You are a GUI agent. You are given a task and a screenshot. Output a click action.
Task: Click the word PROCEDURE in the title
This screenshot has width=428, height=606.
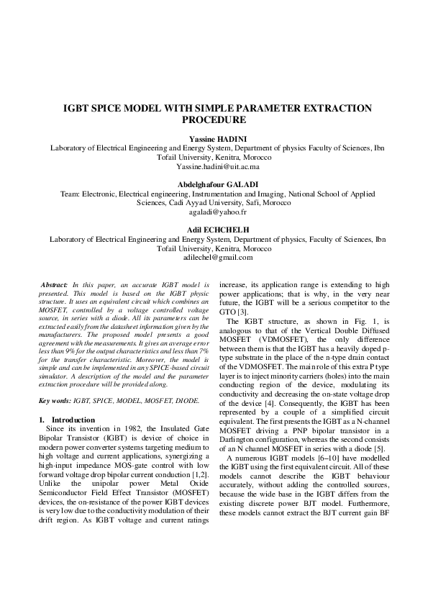pyautogui.click(x=214, y=120)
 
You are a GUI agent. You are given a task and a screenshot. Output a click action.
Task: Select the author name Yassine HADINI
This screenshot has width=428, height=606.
pyautogui.click(x=214, y=138)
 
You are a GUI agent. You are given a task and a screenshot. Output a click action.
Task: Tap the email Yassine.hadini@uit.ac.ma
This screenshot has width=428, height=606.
pyautogui.click(x=214, y=166)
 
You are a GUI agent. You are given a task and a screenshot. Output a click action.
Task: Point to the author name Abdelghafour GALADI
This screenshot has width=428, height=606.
pyautogui.click(x=214, y=184)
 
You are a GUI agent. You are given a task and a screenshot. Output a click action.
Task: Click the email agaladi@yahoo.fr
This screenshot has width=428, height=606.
pyautogui.click(x=214, y=212)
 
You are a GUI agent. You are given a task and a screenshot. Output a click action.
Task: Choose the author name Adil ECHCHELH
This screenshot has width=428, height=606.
pyautogui.click(x=214, y=230)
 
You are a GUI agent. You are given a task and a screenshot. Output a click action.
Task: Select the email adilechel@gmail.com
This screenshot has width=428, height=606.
pyautogui.click(x=214, y=257)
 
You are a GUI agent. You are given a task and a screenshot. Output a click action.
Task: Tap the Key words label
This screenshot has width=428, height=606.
pyautogui.click(x=54, y=399)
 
